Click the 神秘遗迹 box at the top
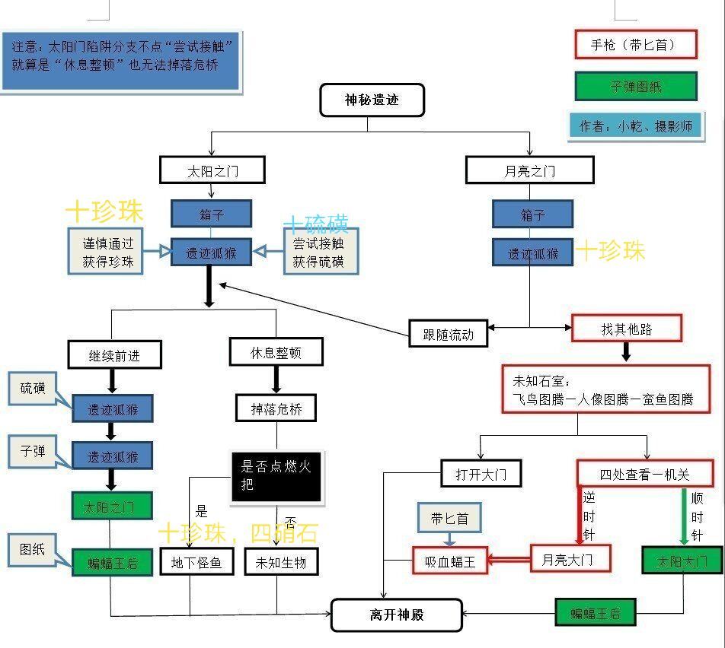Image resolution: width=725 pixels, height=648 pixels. tap(372, 100)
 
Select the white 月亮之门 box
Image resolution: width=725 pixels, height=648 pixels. tap(529, 170)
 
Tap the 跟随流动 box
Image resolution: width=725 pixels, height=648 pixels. tap(448, 333)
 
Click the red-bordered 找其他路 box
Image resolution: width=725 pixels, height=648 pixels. tap(626, 329)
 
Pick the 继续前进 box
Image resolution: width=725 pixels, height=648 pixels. tap(115, 354)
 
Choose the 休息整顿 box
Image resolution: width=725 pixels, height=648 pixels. tap(276, 352)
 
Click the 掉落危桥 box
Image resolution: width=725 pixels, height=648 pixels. tap(275, 409)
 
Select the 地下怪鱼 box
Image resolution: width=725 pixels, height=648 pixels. tap(196, 562)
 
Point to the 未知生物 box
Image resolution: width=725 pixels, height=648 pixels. tap(281, 562)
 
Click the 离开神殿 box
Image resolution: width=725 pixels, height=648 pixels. tap(397, 615)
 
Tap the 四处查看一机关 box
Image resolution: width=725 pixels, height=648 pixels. tap(644, 474)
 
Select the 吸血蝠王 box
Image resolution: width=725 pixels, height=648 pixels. tap(450, 561)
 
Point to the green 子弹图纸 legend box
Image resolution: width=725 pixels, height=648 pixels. tap(635, 87)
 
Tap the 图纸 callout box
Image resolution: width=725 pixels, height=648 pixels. tap(33, 549)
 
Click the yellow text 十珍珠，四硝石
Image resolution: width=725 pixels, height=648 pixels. tap(238, 532)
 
